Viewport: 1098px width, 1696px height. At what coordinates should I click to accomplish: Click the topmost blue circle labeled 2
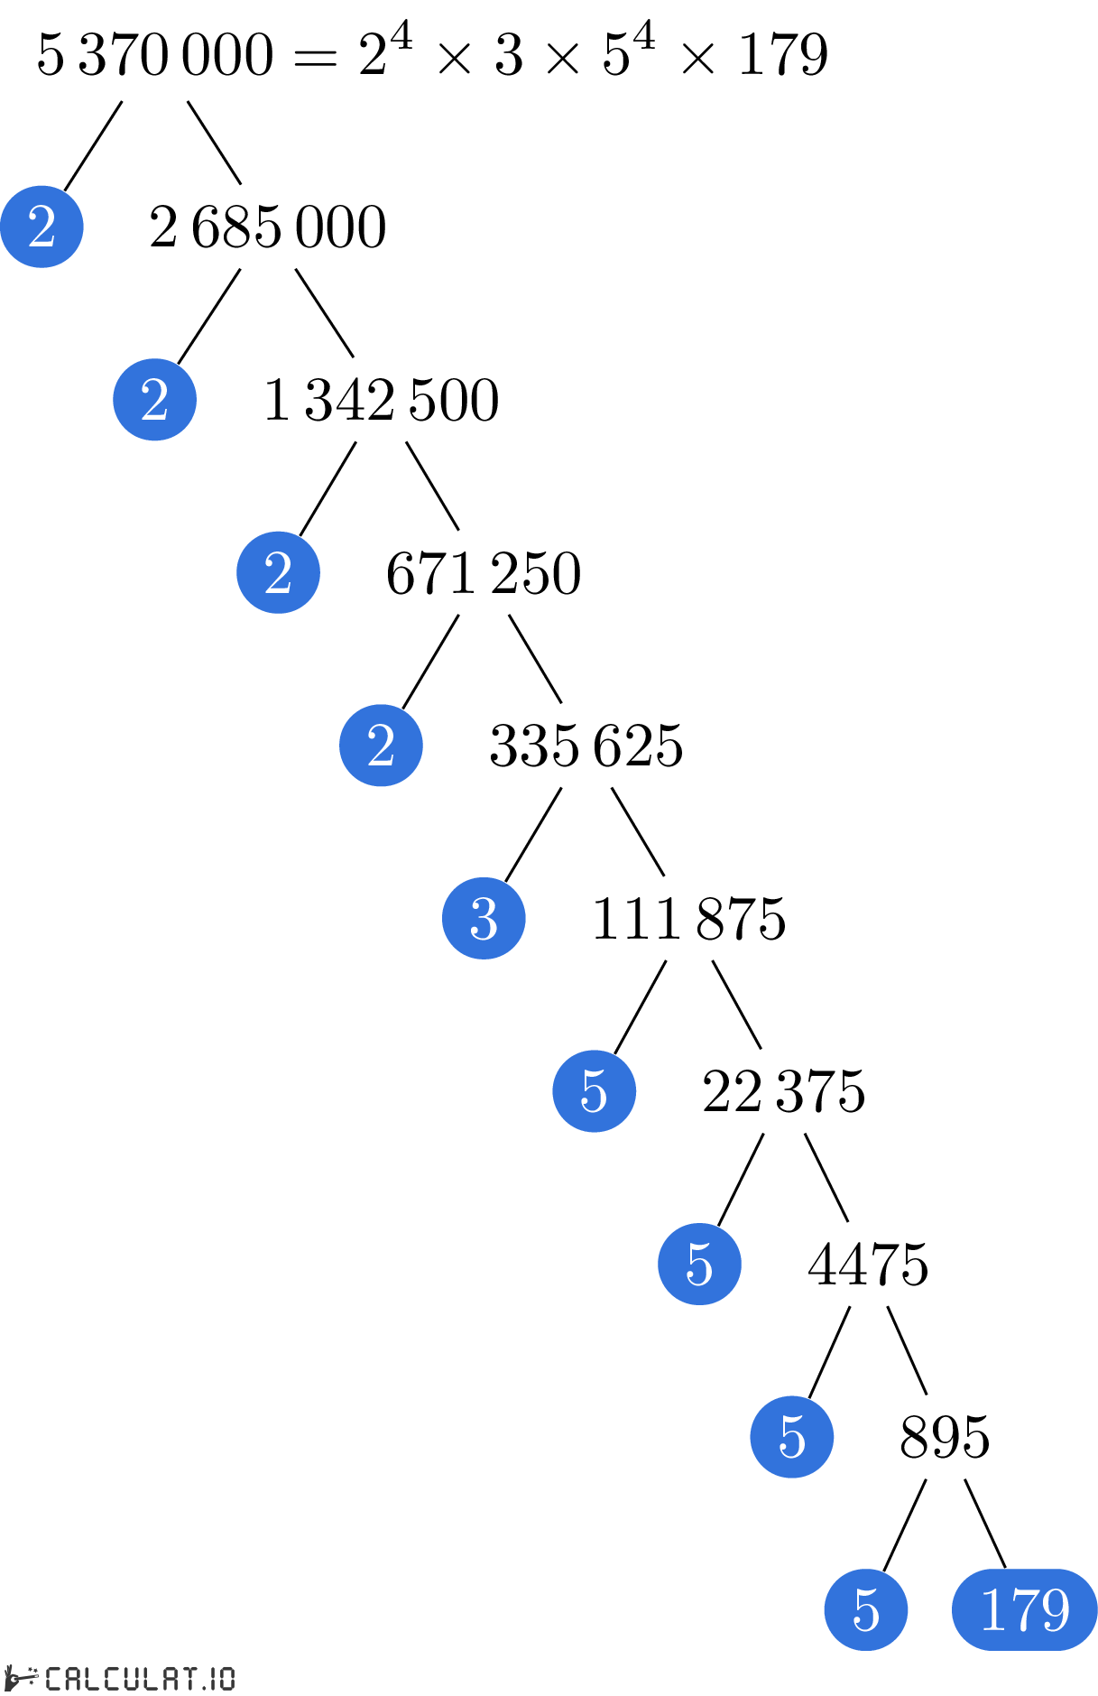click(x=42, y=227)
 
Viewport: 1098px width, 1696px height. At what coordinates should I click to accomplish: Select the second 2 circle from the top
click(x=154, y=400)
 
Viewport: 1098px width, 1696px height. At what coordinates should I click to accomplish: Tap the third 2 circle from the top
click(x=278, y=572)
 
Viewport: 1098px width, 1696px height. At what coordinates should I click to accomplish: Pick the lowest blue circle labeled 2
click(x=381, y=746)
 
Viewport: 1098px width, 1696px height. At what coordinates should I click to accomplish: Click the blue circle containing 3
click(x=484, y=918)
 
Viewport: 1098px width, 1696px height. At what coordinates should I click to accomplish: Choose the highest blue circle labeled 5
click(x=594, y=1091)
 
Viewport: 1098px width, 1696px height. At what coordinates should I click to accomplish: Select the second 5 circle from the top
click(x=699, y=1264)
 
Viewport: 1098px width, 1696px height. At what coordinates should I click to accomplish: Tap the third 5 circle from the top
click(x=791, y=1437)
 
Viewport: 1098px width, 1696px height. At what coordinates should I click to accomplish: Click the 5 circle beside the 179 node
click(x=865, y=1609)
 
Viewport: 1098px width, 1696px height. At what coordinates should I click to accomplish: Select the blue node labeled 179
click(x=1024, y=1609)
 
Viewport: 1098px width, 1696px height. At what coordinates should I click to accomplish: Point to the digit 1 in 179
click(x=992, y=1609)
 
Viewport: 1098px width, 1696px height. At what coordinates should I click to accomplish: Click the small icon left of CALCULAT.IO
click(x=20, y=1678)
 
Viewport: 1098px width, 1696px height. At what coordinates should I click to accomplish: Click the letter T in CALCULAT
click(x=191, y=1679)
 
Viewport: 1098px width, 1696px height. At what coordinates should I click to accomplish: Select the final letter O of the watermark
click(x=226, y=1679)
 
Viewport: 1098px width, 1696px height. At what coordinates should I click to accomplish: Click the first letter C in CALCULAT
click(x=54, y=1679)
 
